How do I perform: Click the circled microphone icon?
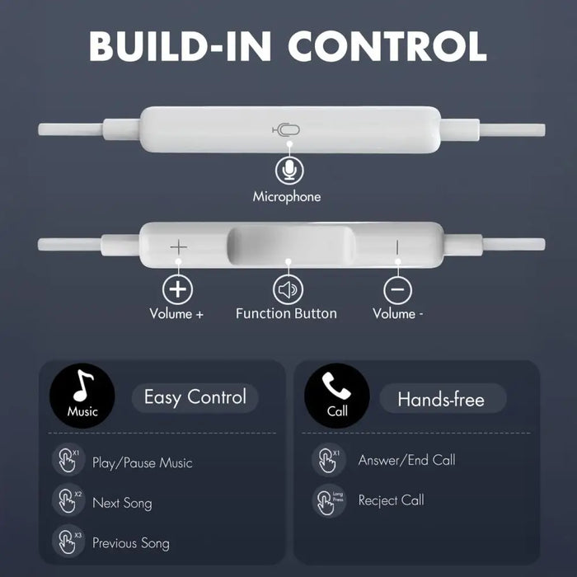pos(288,170)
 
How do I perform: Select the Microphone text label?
pos(287,197)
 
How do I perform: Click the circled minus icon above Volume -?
pos(397,288)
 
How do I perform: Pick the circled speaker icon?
pos(288,288)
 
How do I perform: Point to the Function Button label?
pos(286,313)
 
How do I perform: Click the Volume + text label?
pos(176,313)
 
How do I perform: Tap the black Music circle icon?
pos(82,397)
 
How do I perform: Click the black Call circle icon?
pos(337,397)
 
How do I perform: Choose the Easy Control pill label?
pos(195,397)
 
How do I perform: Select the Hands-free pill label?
pos(441,400)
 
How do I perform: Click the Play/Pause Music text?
pos(142,463)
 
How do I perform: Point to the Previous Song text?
pos(131,543)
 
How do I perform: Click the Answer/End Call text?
pos(406,460)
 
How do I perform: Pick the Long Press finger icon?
pos(327,500)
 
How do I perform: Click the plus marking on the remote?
pos(179,246)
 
